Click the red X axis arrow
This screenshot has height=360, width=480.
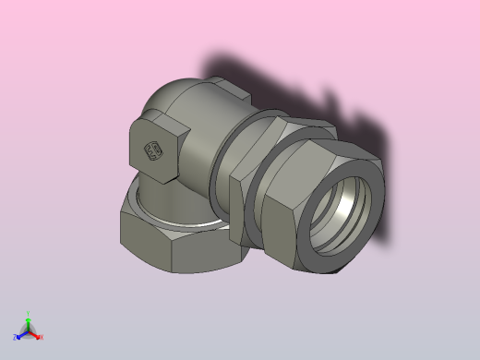tap(36, 335)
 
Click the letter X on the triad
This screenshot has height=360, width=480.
tap(42, 337)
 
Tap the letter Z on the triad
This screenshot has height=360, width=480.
tap(16, 338)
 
